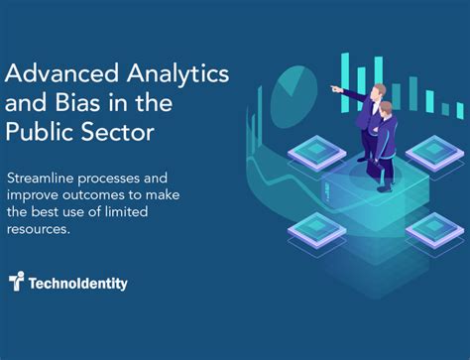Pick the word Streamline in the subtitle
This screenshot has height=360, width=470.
click(x=45, y=178)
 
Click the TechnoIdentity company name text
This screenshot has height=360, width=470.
click(x=77, y=284)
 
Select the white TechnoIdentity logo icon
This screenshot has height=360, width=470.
click(x=15, y=283)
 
